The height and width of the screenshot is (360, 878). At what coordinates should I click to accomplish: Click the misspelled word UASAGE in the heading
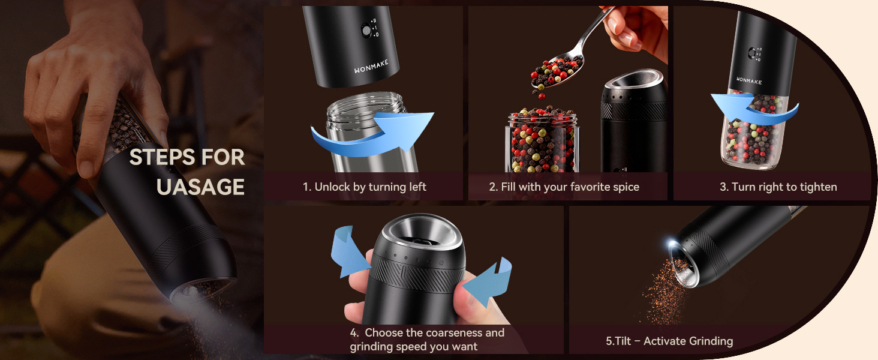(x=200, y=187)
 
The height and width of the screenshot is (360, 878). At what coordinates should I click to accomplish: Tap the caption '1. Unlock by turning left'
(x=364, y=187)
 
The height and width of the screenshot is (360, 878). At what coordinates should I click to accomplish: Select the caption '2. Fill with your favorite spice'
(x=564, y=187)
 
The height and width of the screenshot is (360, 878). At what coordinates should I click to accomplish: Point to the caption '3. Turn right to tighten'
(x=778, y=187)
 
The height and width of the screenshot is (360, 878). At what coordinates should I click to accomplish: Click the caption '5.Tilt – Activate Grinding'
(x=669, y=341)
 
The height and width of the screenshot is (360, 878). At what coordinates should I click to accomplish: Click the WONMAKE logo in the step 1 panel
(x=371, y=68)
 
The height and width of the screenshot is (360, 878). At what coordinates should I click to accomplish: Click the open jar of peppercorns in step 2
(x=542, y=141)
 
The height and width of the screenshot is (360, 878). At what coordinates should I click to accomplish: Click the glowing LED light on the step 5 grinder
(x=672, y=245)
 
